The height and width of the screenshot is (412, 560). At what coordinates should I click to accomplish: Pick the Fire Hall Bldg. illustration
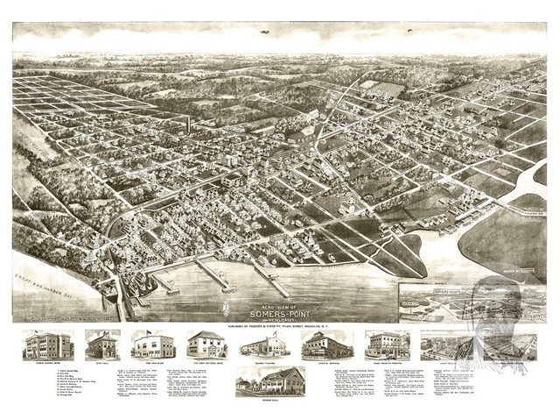(152, 345)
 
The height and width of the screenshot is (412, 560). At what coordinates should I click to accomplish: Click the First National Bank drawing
(206, 345)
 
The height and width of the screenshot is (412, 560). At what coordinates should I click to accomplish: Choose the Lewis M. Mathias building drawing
(326, 345)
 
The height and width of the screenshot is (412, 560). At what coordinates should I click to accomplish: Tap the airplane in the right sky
(408, 32)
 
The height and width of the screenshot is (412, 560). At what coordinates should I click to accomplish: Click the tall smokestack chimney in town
(187, 124)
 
